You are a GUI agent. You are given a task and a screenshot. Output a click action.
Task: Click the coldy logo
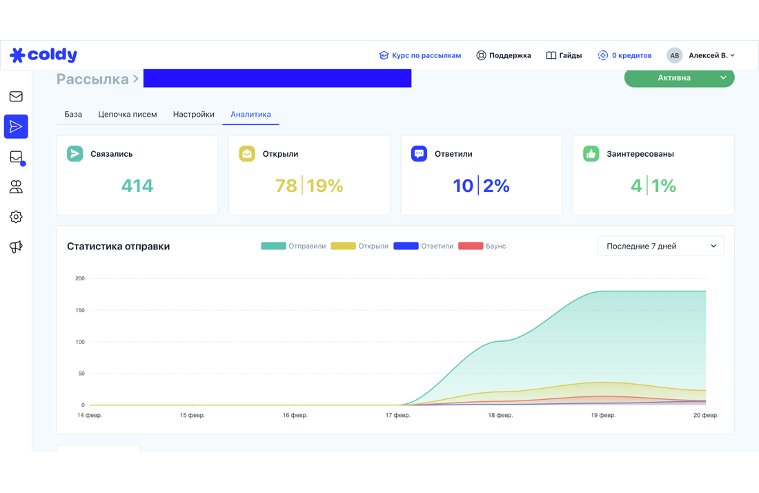click(43, 55)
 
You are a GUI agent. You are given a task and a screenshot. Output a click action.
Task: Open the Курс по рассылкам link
click(420, 55)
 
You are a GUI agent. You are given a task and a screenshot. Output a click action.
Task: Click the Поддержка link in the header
click(504, 55)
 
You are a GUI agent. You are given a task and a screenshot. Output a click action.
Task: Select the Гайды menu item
click(564, 55)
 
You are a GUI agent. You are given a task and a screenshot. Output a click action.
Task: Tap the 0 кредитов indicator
click(624, 55)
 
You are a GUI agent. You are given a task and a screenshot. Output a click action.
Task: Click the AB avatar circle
click(674, 55)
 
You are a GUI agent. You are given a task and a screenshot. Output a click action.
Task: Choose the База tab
click(73, 115)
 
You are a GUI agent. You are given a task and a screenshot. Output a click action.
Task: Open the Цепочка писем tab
click(128, 115)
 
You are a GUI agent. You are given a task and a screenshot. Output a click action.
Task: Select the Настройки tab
click(194, 115)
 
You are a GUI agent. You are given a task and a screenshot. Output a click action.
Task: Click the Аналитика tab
click(250, 115)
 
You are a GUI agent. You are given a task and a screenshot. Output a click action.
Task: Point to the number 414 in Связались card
click(137, 186)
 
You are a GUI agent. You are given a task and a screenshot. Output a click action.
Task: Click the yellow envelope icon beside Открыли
click(247, 153)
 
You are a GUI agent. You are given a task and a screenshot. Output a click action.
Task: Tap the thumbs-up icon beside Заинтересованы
click(591, 153)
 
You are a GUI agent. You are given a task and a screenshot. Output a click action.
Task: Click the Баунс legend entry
click(482, 246)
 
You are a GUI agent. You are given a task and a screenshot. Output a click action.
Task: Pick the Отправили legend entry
click(293, 246)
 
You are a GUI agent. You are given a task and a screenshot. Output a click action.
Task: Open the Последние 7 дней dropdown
click(660, 246)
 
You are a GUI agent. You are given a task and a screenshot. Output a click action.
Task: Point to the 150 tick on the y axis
click(80, 310)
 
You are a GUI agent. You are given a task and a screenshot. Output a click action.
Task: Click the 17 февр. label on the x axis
click(398, 415)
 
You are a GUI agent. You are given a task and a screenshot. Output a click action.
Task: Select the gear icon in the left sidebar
click(16, 217)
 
